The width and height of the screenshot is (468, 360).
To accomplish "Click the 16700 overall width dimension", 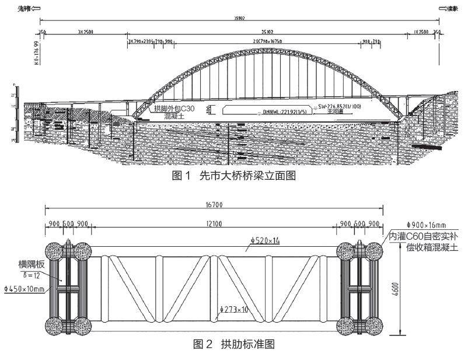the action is [214, 205].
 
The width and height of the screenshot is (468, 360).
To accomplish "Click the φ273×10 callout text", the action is [235, 309].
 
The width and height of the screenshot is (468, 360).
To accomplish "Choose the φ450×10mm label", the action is [25, 288].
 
